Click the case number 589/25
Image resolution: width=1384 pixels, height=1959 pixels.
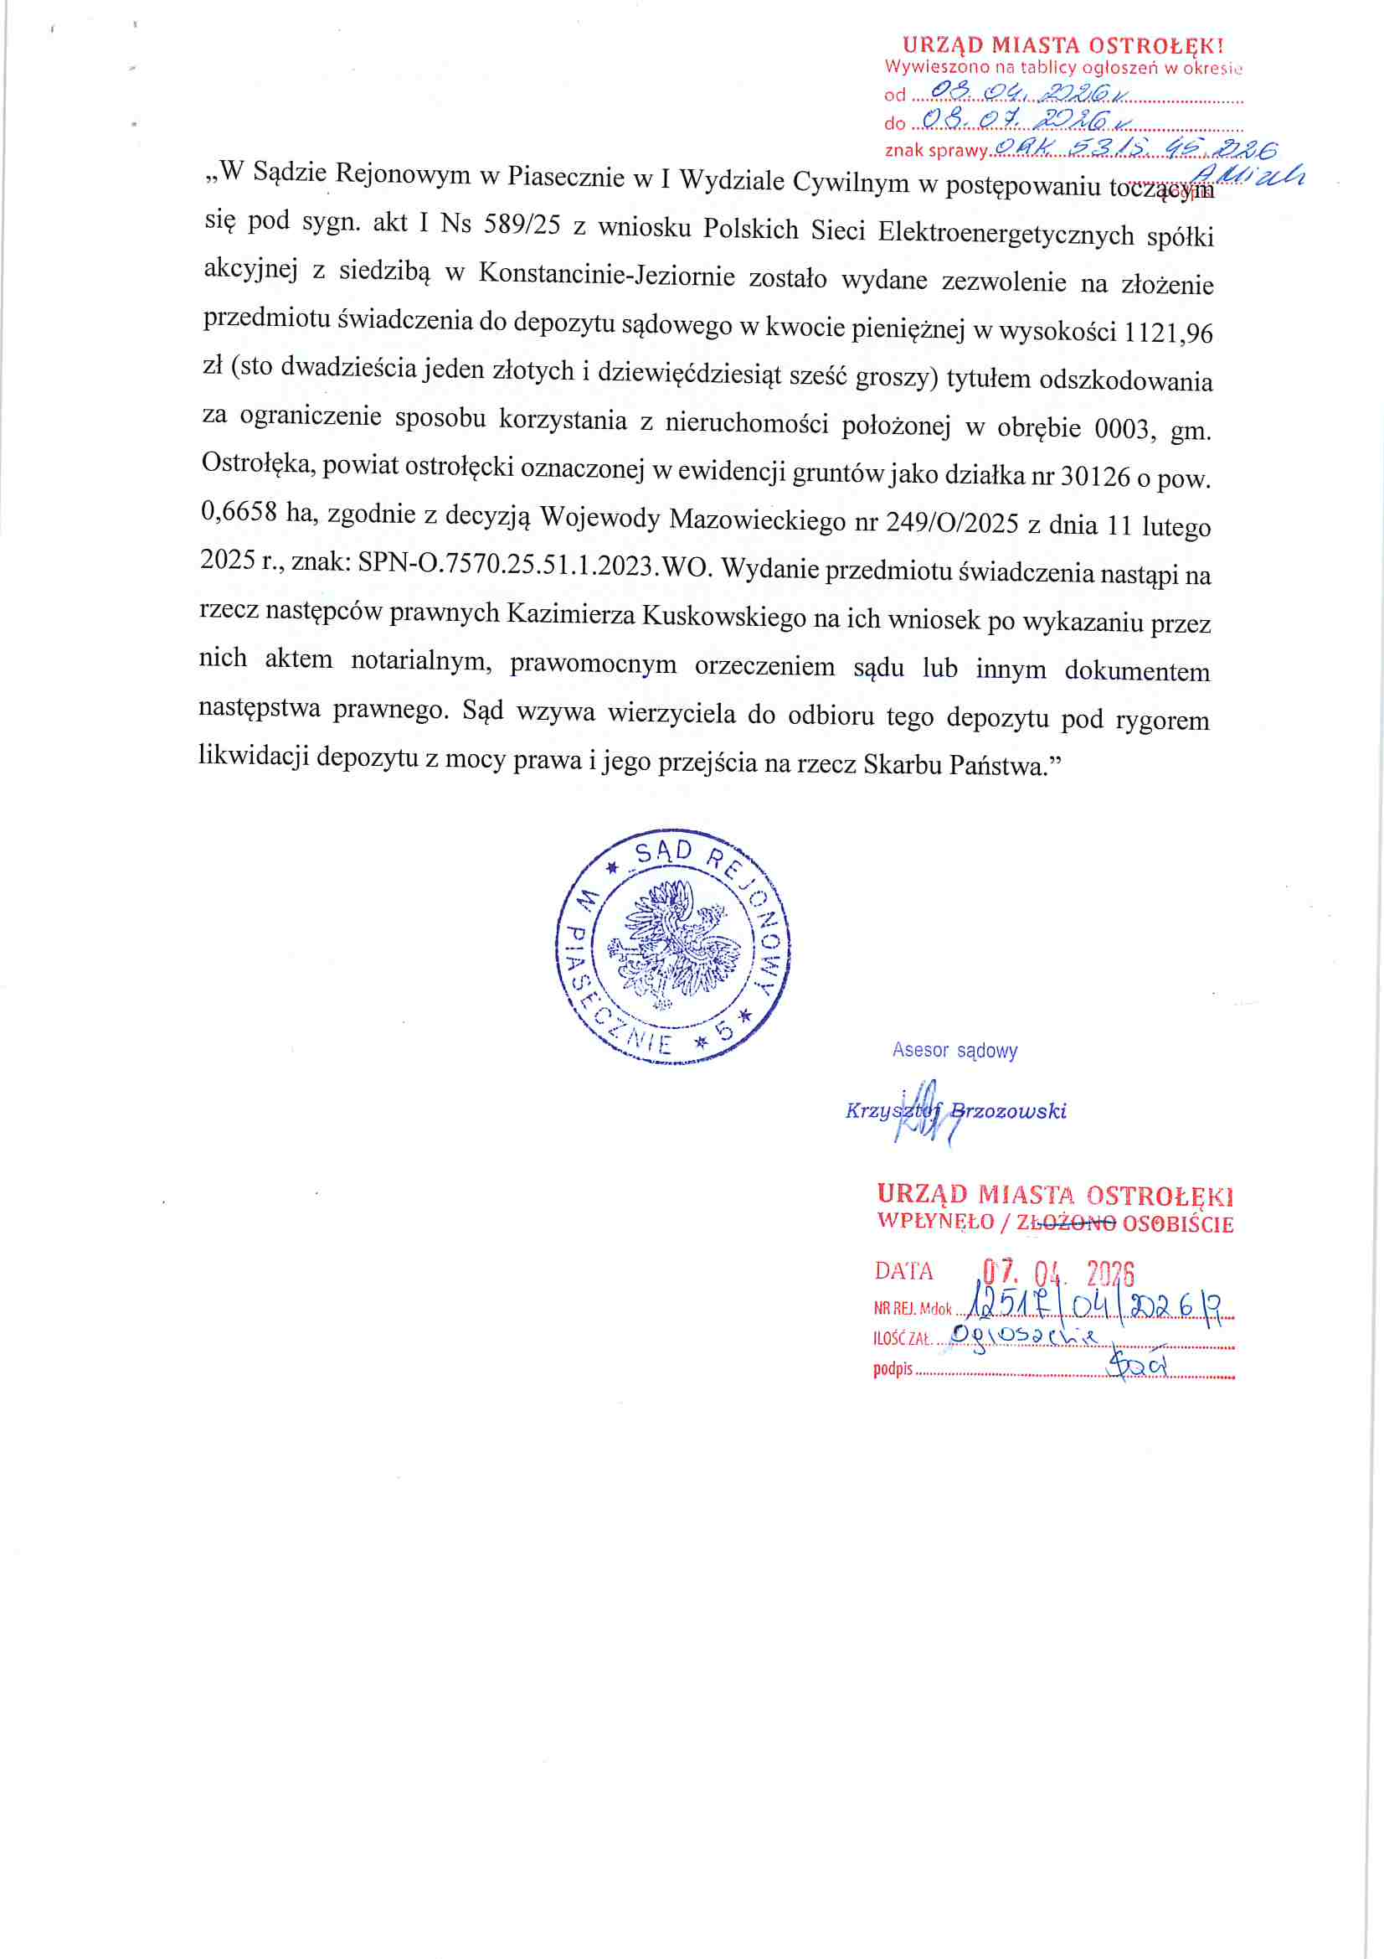click(x=522, y=225)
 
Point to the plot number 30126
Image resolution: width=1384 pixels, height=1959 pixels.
click(x=1095, y=475)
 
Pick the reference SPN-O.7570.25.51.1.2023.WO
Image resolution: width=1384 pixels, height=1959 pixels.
click(x=535, y=564)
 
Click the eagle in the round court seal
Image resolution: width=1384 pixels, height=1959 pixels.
click(x=673, y=944)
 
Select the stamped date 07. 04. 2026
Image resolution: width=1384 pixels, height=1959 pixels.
click(x=1057, y=1273)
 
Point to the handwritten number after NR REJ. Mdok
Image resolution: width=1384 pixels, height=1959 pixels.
click(x=1097, y=1306)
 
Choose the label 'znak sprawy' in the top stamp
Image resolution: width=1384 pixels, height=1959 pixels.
click(x=935, y=151)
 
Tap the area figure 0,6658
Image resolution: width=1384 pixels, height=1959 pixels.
click(x=239, y=512)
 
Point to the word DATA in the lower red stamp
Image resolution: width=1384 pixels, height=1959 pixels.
click(x=903, y=1272)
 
